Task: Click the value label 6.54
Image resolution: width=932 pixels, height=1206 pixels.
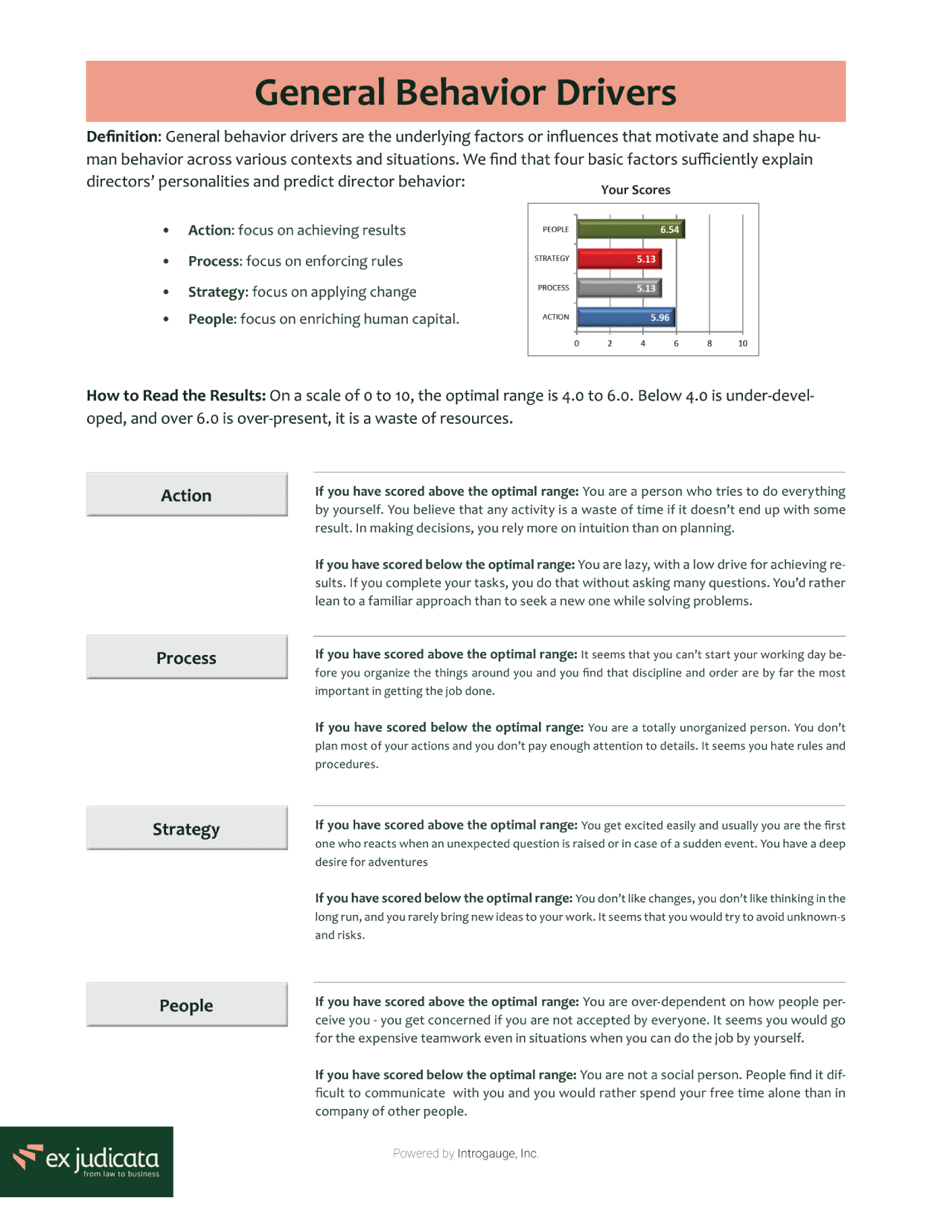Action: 669,230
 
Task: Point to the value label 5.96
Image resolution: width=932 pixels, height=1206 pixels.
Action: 660,317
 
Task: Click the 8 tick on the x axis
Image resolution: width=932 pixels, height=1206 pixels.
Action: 709,344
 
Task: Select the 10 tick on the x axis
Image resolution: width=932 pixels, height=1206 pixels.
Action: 742,344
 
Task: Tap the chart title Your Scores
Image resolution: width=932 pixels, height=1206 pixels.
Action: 636,190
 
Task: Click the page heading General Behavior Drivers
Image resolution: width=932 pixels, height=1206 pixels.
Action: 465,93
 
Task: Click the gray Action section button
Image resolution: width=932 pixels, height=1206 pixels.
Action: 186,495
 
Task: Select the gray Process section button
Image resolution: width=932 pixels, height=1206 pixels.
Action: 186,658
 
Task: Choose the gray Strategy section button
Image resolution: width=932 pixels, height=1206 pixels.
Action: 186,829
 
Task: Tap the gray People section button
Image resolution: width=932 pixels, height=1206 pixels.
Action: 186,1005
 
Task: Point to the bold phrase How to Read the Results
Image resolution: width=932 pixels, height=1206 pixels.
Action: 176,396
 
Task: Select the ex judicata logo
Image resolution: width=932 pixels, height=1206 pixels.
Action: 86,1160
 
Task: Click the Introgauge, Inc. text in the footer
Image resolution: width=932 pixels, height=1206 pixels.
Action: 498,1153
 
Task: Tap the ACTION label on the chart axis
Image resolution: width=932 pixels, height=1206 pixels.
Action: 555,317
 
